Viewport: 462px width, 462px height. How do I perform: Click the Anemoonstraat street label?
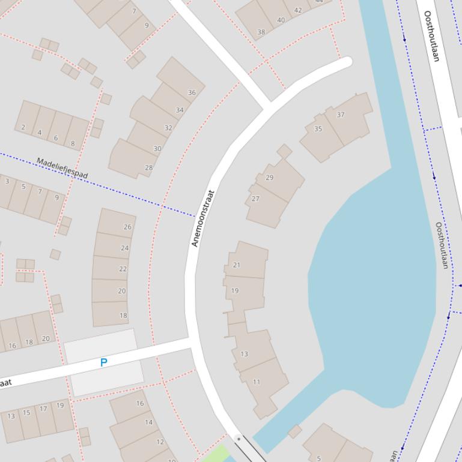click(203, 218)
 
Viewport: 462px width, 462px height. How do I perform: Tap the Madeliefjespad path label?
click(62, 168)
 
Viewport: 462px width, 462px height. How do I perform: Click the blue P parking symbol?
click(103, 363)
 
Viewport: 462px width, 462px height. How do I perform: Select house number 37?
click(341, 115)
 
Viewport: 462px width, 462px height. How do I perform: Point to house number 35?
click(318, 129)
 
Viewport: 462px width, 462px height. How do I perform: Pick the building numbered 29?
click(269, 178)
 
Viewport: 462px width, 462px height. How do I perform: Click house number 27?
click(255, 199)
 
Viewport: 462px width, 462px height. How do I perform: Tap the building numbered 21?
click(236, 265)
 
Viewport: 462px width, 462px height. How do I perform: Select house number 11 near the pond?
click(257, 382)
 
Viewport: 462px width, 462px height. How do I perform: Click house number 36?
click(192, 92)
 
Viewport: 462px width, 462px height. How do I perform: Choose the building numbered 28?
click(148, 167)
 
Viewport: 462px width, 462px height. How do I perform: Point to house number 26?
click(127, 227)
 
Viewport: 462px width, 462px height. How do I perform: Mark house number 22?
click(123, 269)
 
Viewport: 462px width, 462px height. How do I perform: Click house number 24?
click(124, 248)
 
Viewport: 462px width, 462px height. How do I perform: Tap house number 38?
click(261, 32)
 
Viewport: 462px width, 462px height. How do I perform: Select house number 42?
click(297, 10)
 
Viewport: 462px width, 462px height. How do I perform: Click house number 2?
click(23, 127)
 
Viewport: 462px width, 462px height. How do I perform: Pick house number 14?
click(148, 422)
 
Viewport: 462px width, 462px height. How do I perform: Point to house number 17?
click(43, 409)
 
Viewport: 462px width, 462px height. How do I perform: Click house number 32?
click(168, 128)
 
